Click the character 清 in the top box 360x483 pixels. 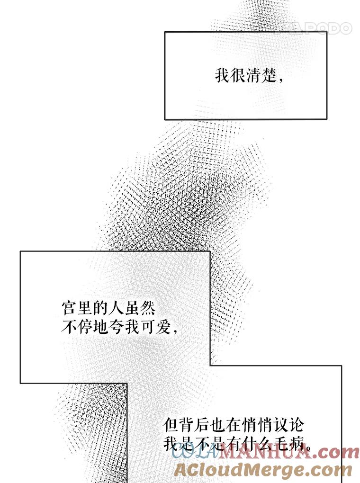[x=254, y=76]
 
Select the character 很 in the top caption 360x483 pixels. [x=239, y=76]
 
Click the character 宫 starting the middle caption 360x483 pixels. [x=69, y=309]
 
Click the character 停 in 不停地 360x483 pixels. [x=85, y=327]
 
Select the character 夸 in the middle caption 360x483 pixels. [x=116, y=327]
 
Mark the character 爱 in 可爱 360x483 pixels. [x=162, y=327]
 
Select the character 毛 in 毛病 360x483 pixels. [x=279, y=443]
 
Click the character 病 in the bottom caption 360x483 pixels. [x=295, y=443]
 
